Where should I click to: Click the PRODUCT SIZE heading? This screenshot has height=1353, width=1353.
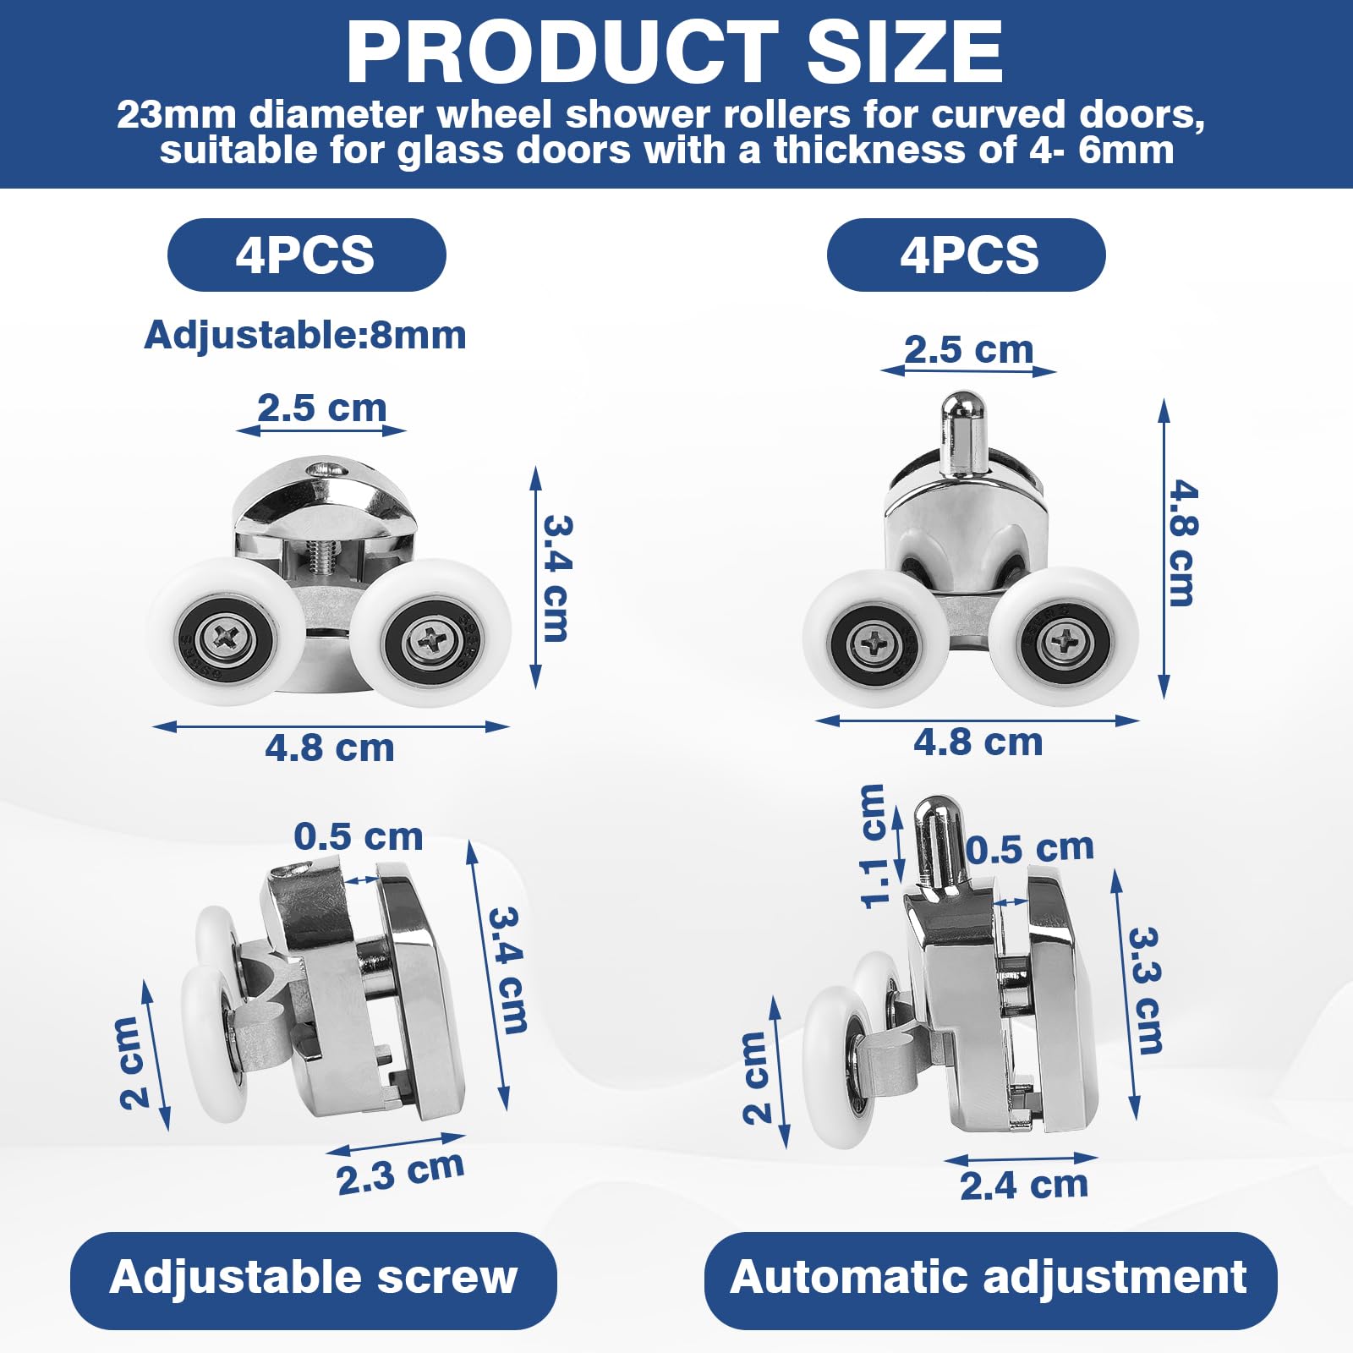(x=675, y=52)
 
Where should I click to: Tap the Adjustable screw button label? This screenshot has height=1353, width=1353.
(x=313, y=1277)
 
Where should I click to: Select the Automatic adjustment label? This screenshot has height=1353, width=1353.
(x=989, y=1277)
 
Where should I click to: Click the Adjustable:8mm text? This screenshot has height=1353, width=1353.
(x=305, y=335)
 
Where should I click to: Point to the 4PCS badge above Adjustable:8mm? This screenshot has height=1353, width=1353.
(x=306, y=255)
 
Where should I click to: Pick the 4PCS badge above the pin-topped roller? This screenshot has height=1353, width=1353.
(x=967, y=255)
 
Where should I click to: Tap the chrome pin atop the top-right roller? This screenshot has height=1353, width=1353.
(x=962, y=431)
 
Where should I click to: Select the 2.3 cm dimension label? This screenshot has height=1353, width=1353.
(x=400, y=1173)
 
